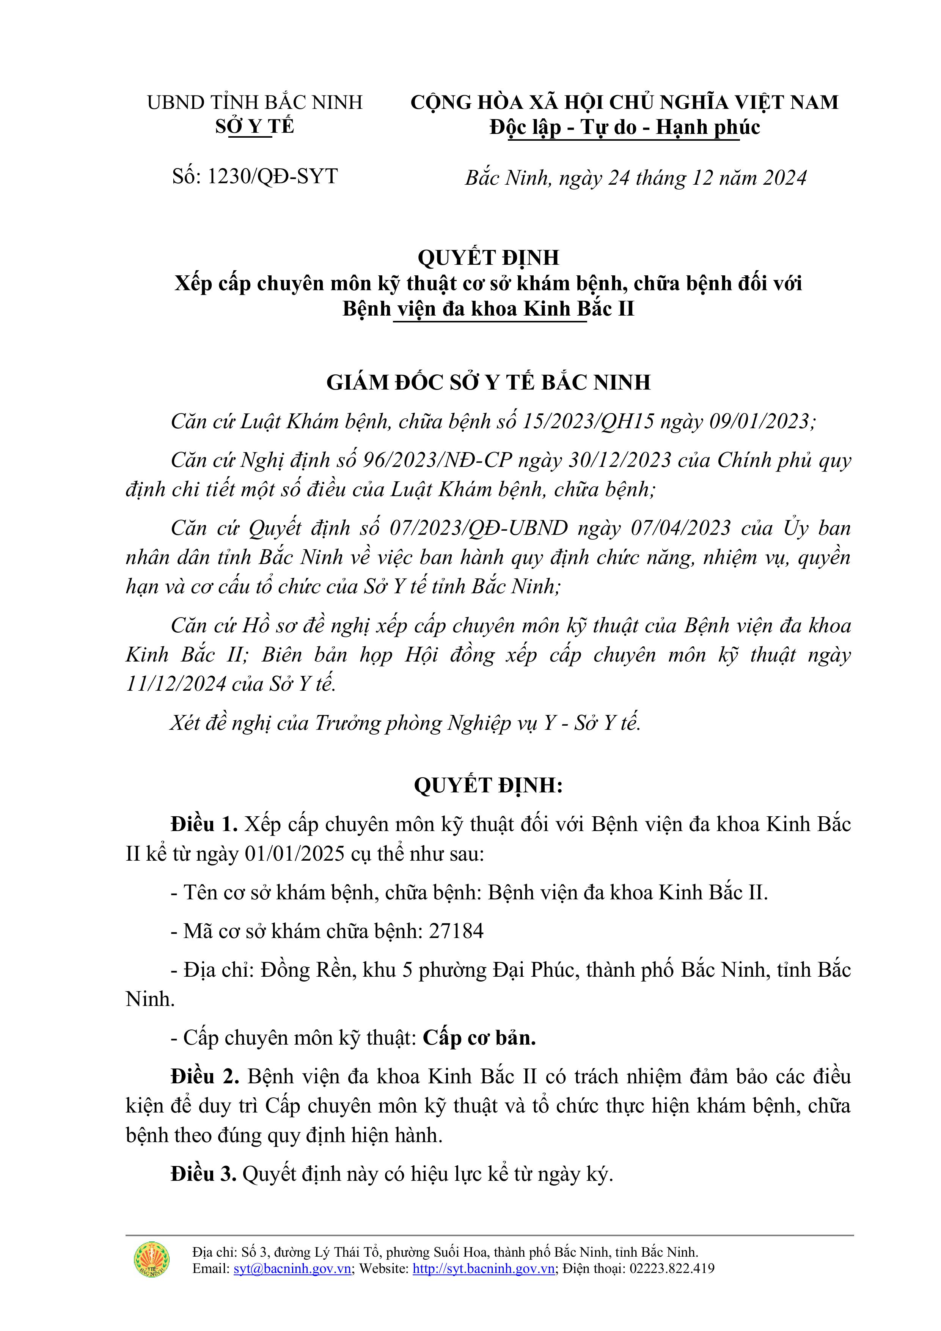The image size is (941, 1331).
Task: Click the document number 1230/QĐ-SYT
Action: pyautogui.click(x=272, y=176)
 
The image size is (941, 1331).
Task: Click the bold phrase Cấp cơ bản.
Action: pyautogui.click(x=479, y=1038)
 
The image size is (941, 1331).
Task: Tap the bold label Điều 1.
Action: pyautogui.click(x=204, y=824)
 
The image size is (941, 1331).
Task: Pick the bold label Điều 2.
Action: pyautogui.click(x=205, y=1076)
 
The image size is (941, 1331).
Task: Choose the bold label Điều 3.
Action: pyautogui.click(x=204, y=1174)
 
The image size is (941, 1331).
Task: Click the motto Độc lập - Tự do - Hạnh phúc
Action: pyautogui.click(x=624, y=127)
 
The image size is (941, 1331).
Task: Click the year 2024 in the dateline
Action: pyautogui.click(x=784, y=178)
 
